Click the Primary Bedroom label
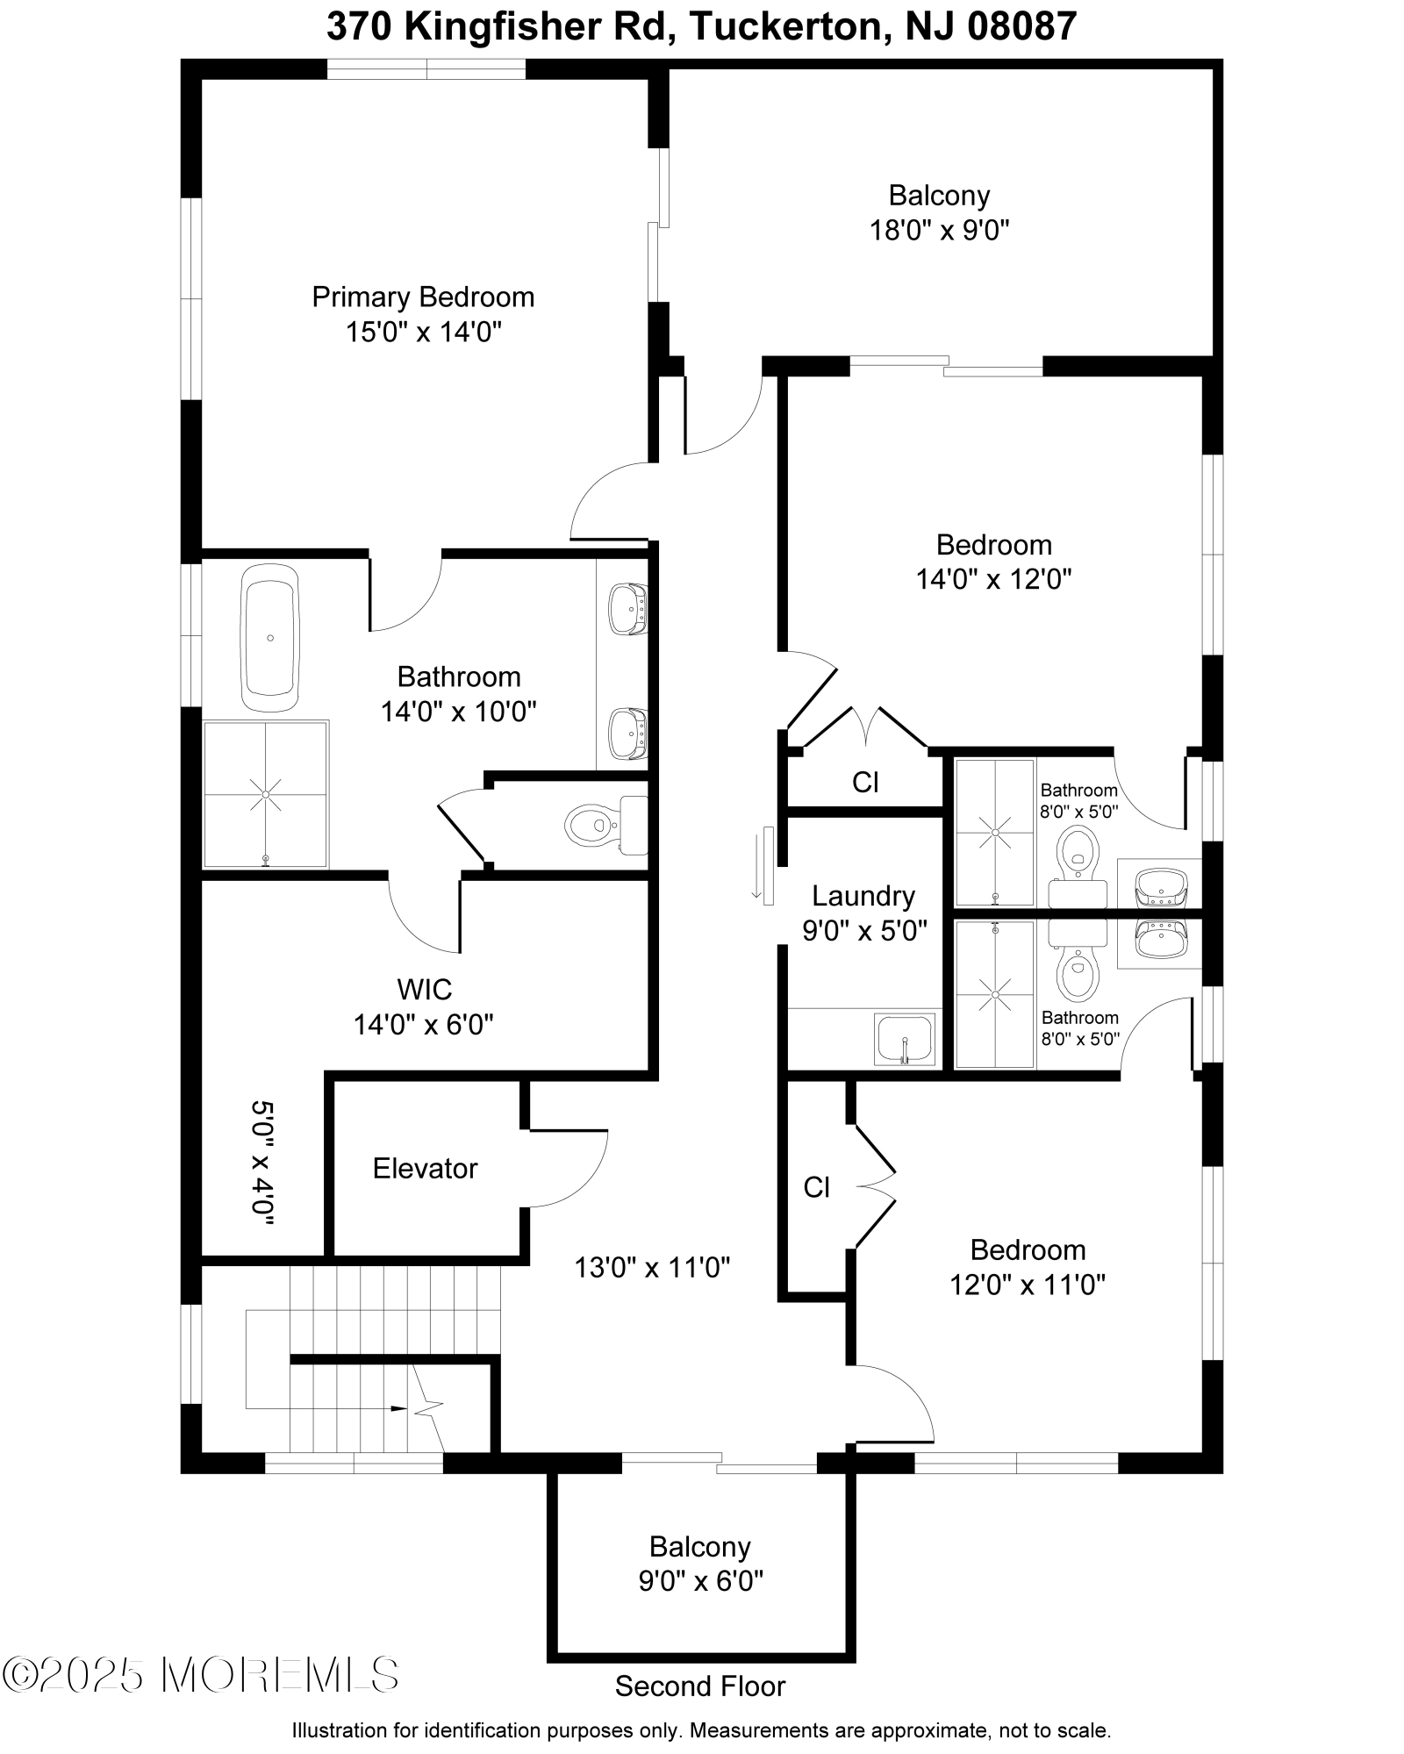pos(423,297)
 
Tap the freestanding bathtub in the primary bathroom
pos(270,638)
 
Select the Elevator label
pos(425,1168)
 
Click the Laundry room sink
pos(905,1039)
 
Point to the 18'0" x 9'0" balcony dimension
pos(939,231)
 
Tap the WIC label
pos(425,989)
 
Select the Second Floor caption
pos(699,1686)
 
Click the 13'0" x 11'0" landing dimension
pos(652,1267)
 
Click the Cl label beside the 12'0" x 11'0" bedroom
pos(816,1187)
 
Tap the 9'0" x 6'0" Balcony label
pos(699,1546)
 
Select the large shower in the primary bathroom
pos(266,794)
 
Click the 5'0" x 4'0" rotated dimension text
pos(262,1163)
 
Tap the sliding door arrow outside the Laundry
pos(756,867)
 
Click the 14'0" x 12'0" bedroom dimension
pos(993,579)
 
